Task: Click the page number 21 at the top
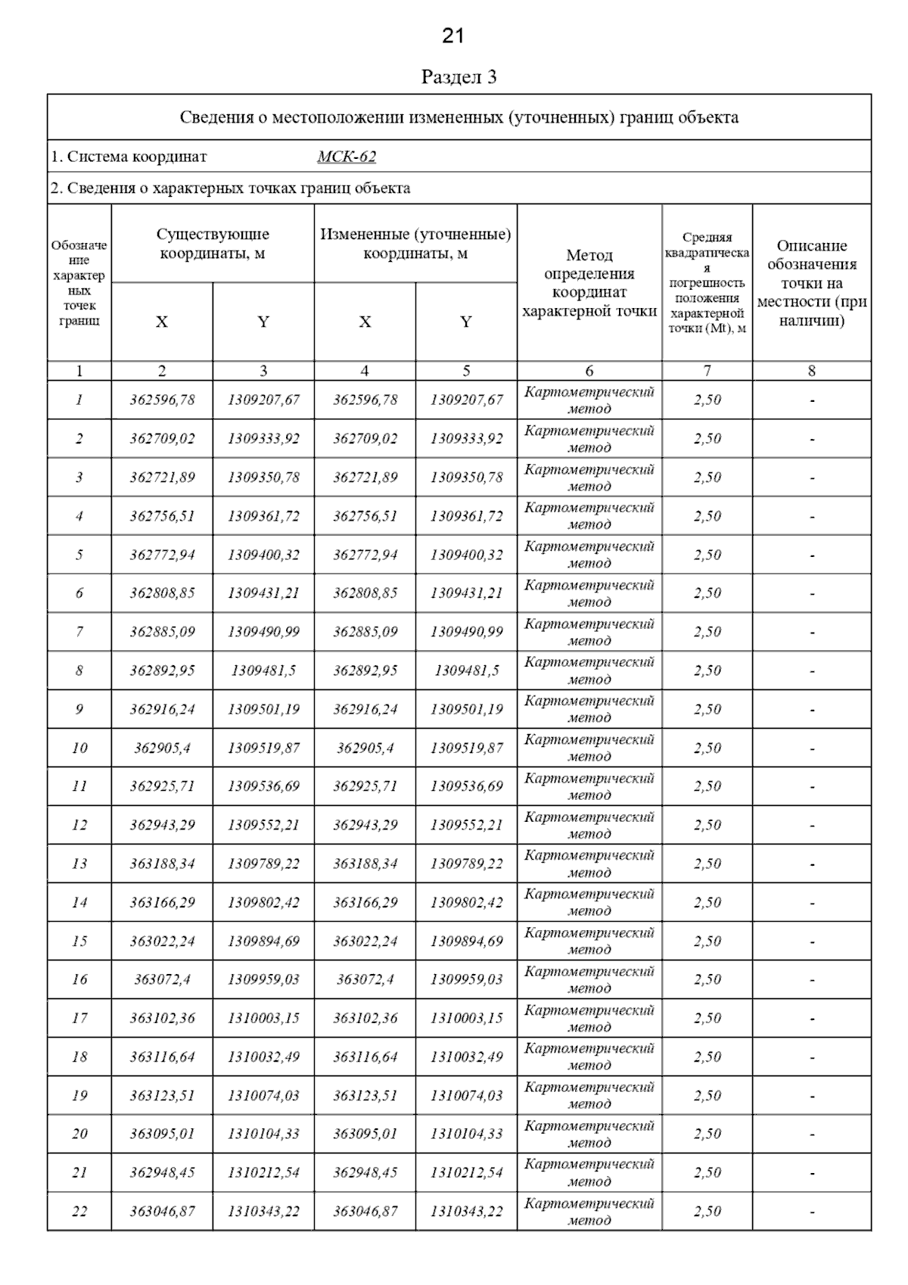tap(452, 36)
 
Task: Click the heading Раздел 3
tap(459, 77)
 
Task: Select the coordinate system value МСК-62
tap(347, 157)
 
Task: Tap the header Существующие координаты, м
tap(213, 244)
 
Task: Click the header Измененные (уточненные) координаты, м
tap(415, 244)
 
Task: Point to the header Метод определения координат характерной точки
tap(589, 283)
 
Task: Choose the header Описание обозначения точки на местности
tap(812, 283)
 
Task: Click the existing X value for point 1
tap(162, 400)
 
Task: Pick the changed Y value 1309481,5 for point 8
tap(466, 671)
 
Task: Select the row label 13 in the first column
tap(79, 863)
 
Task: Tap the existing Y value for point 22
tap(263, 1211)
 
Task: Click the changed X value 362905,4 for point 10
tap(365, 748)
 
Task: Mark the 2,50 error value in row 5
tap(707, 555)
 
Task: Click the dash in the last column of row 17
tap(812, 1019)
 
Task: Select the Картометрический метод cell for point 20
tap(589, 1134)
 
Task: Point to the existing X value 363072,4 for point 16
tap(162, 979)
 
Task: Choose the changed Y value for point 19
tap(466, 1095)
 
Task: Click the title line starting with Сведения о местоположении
tap(459, 117)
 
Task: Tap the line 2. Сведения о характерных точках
tap(231, 188)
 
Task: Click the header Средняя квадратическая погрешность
tap(707, 283)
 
